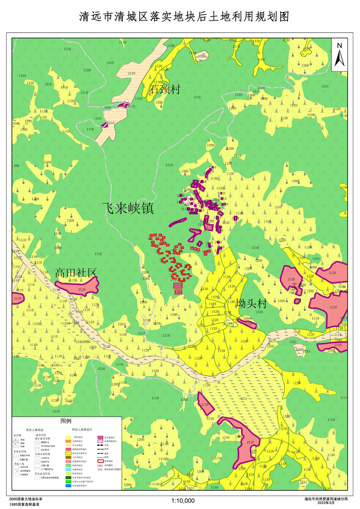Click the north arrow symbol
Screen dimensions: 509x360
339,56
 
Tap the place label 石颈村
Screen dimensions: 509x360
165,89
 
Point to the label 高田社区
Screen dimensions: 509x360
76,273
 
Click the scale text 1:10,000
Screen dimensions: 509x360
183,501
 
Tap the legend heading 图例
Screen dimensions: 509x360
66,421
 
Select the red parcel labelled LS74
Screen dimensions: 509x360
178,286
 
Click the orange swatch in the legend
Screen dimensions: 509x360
68,442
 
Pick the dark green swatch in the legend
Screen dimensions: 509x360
68,477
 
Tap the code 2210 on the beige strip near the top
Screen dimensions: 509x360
131,73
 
